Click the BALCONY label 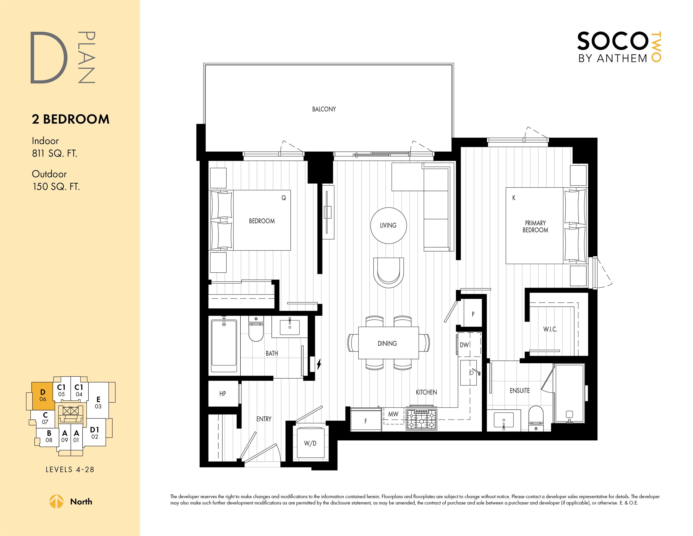(324, 109)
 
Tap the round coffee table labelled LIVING (388, 225)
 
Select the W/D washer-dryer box (310, 443)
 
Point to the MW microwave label (393, 414)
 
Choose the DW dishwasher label (464, 345)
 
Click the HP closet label (223, 394)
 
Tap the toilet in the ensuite (536, 418)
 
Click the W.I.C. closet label (550, 329)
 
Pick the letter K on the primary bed (514, 198)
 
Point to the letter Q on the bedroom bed (284, 198)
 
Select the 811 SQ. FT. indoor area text (55, 154)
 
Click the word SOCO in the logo (612, 41)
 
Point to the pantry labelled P (473, 314)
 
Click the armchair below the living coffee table (388, 272)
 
